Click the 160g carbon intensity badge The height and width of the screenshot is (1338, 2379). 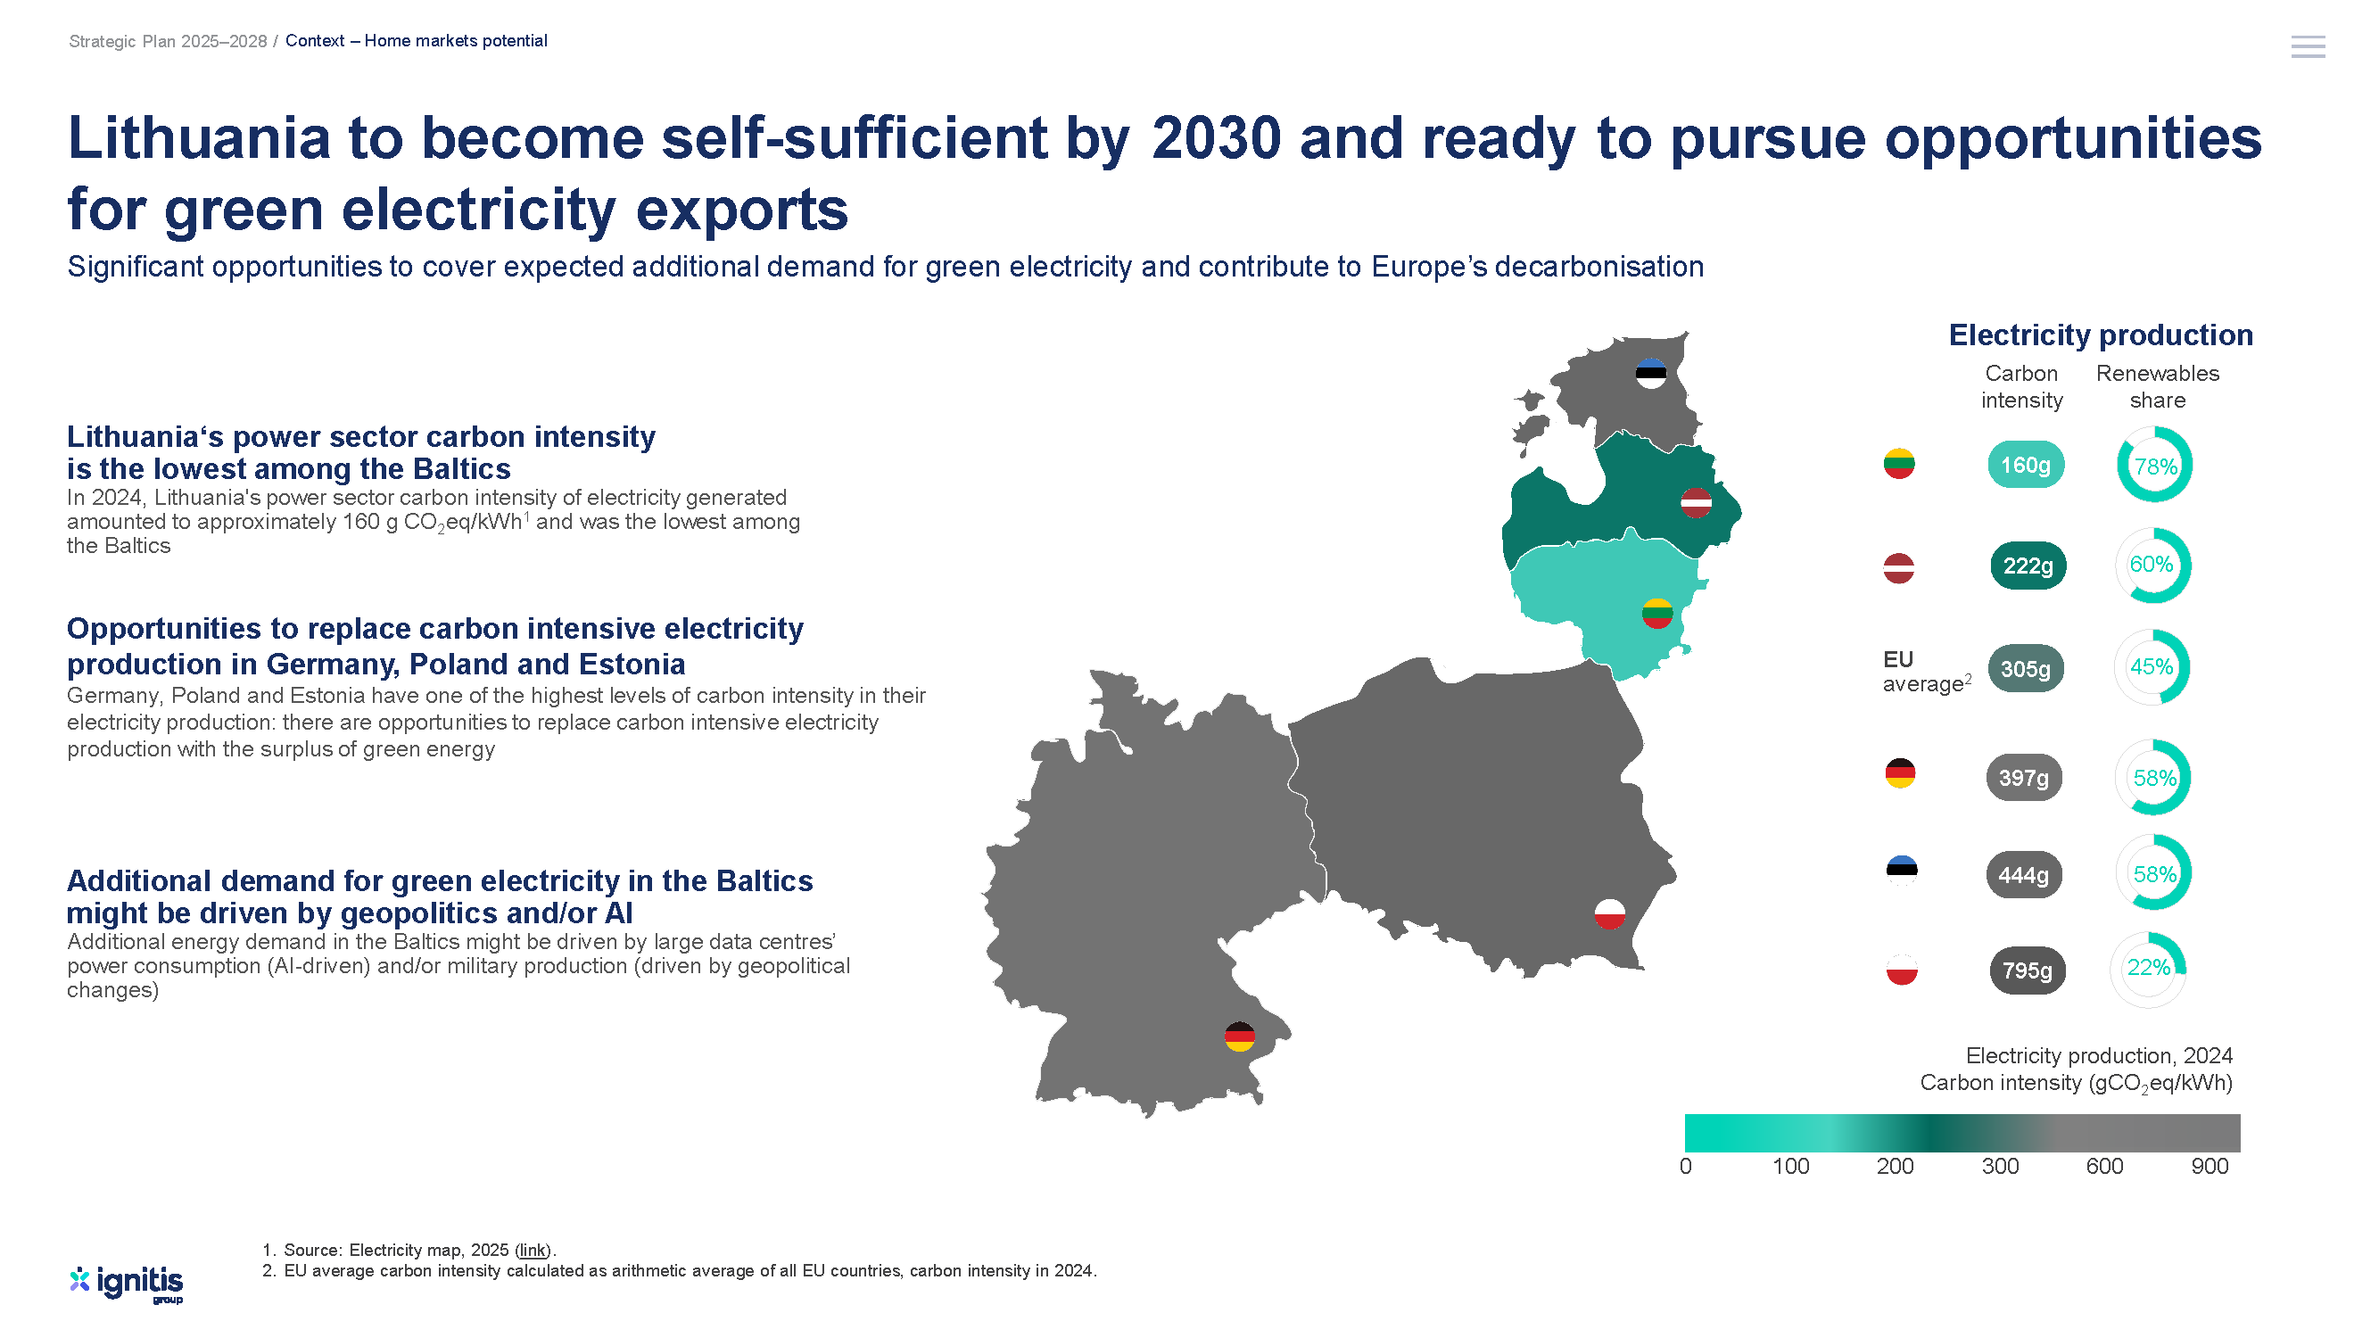pos(2025,465)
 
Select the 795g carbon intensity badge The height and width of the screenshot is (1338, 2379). pos(2028,970)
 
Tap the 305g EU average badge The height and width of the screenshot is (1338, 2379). pos(2025,668)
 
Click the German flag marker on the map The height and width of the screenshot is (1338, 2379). pos(1239,1036)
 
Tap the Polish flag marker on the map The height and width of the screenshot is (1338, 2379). pos(1610,914)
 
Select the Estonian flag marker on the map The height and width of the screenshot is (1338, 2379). pos(1650,373)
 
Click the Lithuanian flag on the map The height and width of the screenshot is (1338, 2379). pos(1656,613)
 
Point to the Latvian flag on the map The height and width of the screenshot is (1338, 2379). pos(1696,502)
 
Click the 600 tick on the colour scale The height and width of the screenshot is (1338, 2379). pos(2105,1166)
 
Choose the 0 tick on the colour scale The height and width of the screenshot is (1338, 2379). pos(1685,1166)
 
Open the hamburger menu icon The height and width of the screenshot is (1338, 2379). pos(2308,47)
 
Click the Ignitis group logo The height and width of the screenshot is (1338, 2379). pos(127,1284)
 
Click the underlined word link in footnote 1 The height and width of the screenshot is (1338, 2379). pos(533,1251)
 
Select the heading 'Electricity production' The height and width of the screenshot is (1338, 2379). pos(2101,335)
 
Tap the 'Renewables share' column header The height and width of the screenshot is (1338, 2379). pos(2158,387)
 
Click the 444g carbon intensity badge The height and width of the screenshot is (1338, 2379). pos(2023,874)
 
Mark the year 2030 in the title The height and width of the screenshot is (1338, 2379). pos(1217,138)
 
